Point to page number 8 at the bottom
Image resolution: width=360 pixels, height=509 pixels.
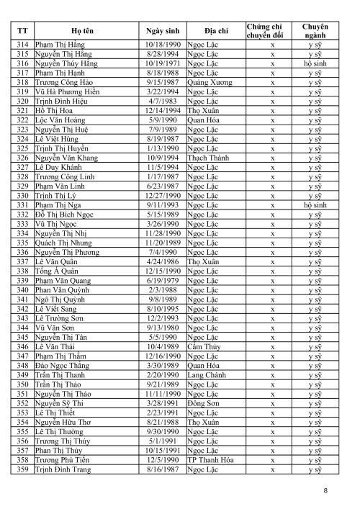pos(326,491)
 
